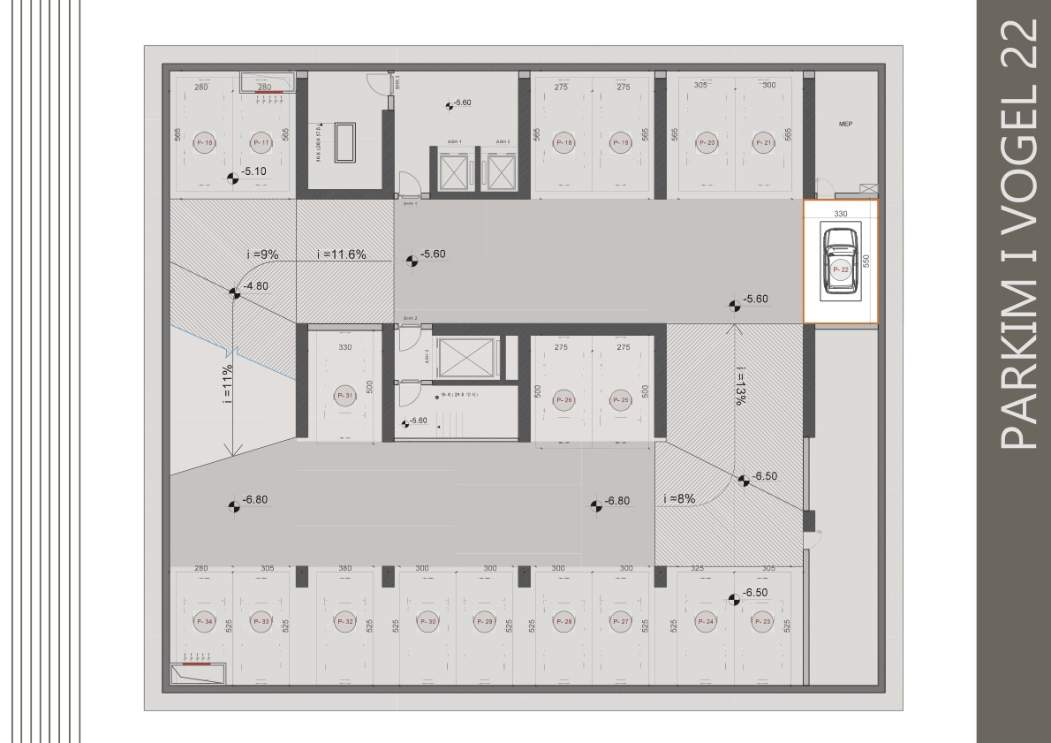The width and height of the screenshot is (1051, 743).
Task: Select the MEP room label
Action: tap(844, 125)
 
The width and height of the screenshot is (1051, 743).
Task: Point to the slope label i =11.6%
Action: tap(342, 254)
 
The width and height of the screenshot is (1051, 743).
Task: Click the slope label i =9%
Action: tap(262, 254)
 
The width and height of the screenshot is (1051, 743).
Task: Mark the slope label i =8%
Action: tap(679, 499)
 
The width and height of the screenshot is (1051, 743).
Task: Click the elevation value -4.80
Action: tap(255, 285)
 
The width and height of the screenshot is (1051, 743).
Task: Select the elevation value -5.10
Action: tap(253, 171)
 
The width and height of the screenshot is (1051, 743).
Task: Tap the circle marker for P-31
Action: tap(344, 397)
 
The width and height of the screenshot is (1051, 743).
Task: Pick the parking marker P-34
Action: tap(204, 622)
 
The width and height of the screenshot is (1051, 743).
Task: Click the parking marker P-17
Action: tap(261, 142)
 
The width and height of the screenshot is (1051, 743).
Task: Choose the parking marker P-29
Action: tap(484, 622)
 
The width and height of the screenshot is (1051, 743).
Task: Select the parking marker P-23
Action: tap(762, 622)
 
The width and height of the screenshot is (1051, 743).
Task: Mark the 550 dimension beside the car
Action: tap(866, 262)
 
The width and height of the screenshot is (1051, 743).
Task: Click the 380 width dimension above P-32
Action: tap(344, 568)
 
